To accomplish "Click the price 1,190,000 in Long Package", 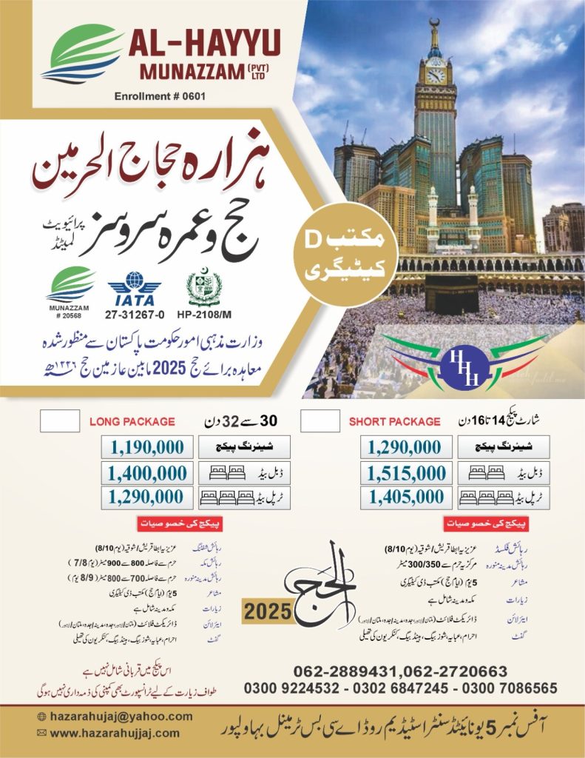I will (146, 447).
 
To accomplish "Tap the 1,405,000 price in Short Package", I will (405, 497).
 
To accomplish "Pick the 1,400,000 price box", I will (146, 472).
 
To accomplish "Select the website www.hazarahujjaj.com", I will (115, 733).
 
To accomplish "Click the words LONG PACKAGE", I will (132, 421).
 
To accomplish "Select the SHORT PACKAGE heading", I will (395, 422).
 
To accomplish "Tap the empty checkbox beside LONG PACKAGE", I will (59, 420).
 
